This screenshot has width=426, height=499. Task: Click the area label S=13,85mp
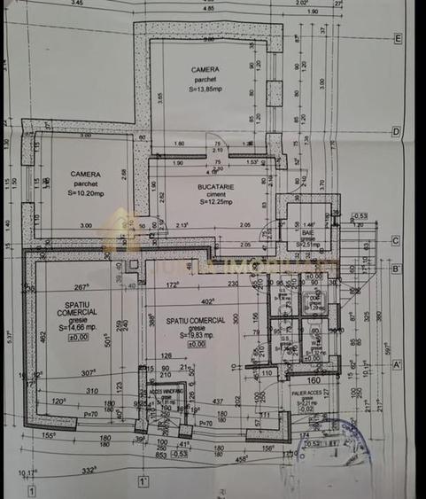tap(205, 88)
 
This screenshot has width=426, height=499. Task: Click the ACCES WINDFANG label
tap(167, 389)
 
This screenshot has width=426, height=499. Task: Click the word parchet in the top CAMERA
tap(205, 79)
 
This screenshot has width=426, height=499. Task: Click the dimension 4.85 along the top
tap(208, 8)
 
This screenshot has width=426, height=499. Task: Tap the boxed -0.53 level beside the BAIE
tap(359, 215)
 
